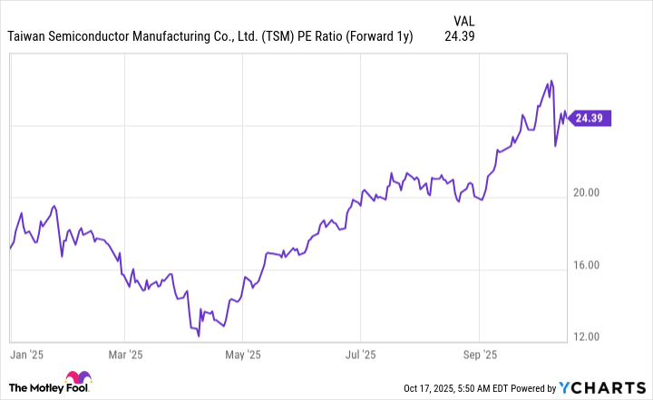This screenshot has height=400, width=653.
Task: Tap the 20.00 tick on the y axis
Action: (x=590, y=192)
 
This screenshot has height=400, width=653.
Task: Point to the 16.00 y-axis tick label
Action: (x=590, y=265)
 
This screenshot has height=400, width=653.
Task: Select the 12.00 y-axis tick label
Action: (x=590, y=337)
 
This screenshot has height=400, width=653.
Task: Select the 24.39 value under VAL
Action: (x=460, y=36)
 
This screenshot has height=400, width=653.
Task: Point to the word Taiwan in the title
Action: (x=29, y=36)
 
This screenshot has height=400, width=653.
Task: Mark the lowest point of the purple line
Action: (x=199, y=335)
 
